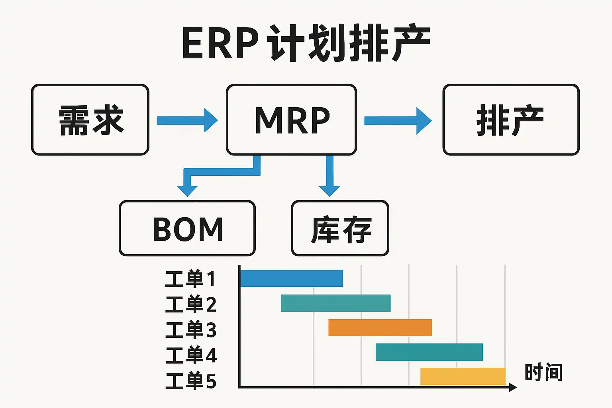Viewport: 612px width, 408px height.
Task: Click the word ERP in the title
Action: [220, 43]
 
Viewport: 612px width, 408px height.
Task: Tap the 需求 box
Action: [90, 120]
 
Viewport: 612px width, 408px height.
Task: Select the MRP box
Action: [291, 120]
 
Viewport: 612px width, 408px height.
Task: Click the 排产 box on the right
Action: [511, 120]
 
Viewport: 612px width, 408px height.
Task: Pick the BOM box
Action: [187, 228]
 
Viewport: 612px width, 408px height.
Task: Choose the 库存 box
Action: [340, 228]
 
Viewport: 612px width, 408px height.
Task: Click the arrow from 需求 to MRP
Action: [187, 120]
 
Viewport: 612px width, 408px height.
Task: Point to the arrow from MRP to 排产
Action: [397, 120]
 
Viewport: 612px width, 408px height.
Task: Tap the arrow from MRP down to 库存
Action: [330, 175]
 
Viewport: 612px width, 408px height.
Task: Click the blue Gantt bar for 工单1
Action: [291, 278]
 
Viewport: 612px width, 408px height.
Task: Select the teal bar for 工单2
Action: [335, 303]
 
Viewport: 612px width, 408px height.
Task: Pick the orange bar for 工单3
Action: [380, 328]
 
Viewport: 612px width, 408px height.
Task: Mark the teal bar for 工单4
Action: [429, 352]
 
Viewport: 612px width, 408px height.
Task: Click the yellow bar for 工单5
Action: [463, 376]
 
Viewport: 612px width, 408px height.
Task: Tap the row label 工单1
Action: [190, 279]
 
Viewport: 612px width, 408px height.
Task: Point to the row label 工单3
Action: [190, 330]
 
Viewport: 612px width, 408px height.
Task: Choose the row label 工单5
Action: [190, 381]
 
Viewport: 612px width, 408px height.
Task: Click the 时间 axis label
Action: [543, 373]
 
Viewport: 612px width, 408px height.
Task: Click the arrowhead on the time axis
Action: [513, 387]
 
